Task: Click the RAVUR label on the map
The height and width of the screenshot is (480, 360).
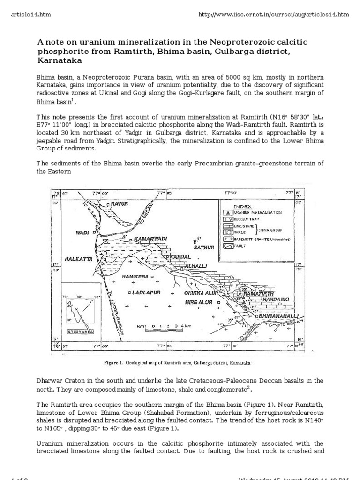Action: coord(119,204)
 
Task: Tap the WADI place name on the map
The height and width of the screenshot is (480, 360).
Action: coord(82,232)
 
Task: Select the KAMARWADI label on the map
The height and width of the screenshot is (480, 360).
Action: coord(150,239)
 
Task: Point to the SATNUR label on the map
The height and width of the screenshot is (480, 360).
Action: coord(203,247)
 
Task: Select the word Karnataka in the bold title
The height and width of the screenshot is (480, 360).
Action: coord(60,60)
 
